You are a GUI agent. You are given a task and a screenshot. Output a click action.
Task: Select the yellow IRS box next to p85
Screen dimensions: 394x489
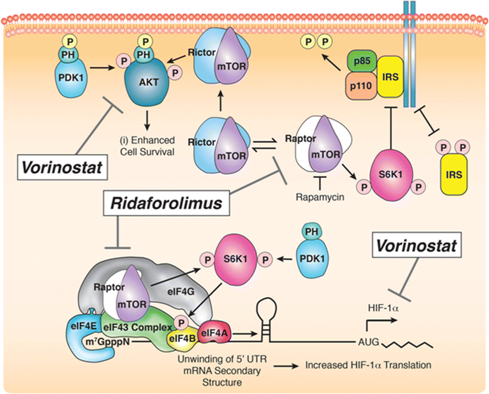click(x=390, y=74)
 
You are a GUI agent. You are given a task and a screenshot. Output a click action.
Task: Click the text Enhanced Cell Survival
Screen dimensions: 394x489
click(x=148, y=145)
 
